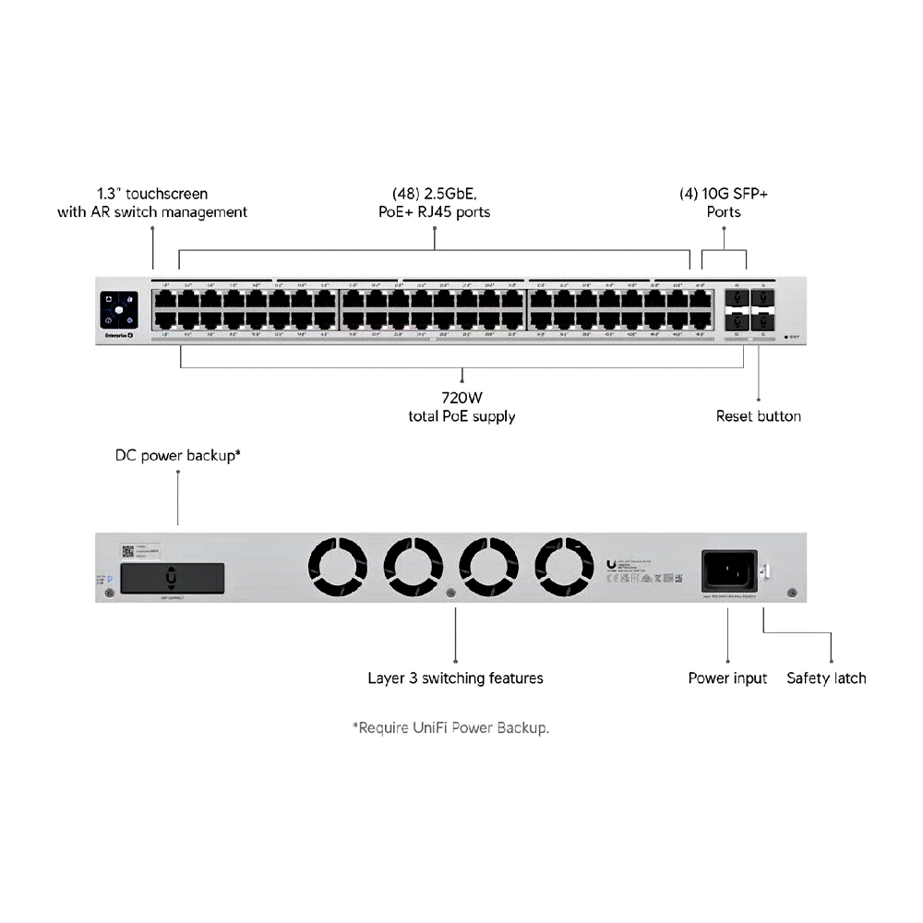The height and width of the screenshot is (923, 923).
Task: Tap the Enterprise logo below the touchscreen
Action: (117, 335)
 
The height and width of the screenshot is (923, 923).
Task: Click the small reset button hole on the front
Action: (785, 337)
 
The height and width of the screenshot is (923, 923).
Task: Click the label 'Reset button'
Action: (758, 416)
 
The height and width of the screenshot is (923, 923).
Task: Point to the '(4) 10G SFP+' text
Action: (724, 194)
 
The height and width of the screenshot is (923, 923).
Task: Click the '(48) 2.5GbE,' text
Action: (434, 194)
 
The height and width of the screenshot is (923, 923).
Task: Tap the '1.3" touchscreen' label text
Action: (152, 194)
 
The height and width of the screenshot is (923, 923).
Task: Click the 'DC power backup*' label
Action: (177, 455)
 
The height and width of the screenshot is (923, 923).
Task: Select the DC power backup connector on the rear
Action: (173, 578)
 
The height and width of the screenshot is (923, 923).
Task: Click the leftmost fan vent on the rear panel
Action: (337, 567)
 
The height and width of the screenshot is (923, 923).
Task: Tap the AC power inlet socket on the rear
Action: (730, 570)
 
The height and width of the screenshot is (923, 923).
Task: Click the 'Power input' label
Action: (727, 678)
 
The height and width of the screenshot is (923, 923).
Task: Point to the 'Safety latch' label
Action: (826, 678)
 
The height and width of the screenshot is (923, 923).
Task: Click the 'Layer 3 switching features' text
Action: (455, 678)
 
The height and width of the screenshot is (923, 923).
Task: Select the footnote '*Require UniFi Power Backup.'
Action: (450, 727)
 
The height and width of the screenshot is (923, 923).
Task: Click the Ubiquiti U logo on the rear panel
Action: (612, 564)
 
